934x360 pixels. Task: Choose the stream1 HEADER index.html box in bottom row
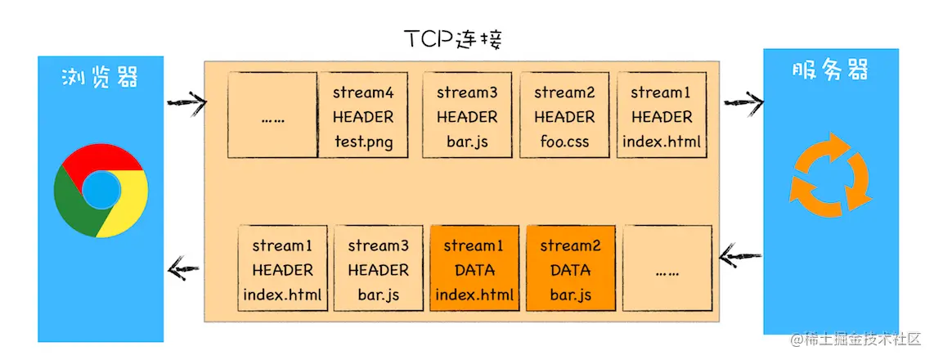[282, 268]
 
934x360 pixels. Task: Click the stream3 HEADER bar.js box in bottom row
[378, 268]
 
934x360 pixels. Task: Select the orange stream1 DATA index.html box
[474, 268]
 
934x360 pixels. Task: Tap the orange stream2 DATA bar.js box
[570, 268]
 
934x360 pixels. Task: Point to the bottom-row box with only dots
[667, 268]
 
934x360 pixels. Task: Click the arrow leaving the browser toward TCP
[185, 102]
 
